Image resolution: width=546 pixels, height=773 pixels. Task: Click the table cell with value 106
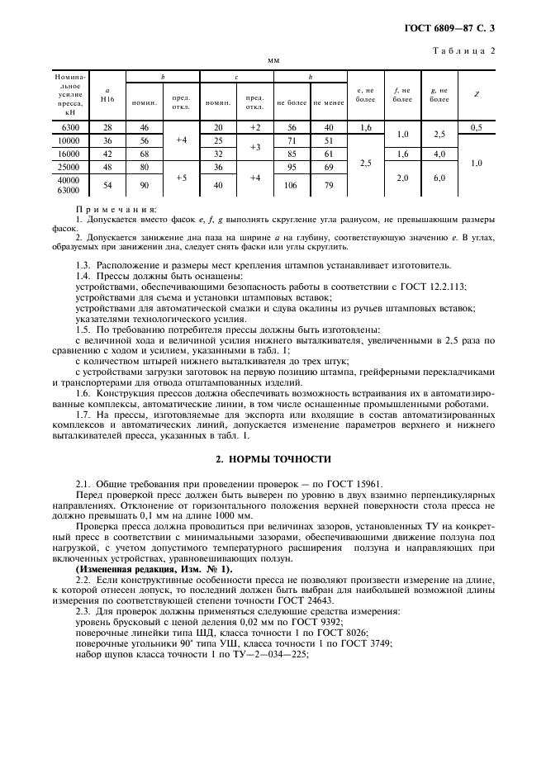pos(292,184)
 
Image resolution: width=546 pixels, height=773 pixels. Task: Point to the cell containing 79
pos(329,184)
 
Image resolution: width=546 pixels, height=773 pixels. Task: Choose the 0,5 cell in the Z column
pos(476,127)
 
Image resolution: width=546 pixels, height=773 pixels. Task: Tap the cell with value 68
pos(144,154)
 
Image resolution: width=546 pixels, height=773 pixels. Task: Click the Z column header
pos(476,94)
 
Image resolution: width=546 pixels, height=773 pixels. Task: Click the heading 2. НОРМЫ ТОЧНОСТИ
pos(273,458)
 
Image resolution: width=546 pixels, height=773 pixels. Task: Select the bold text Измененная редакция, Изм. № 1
pos(154,570)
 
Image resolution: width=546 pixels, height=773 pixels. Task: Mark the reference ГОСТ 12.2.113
pos(427,285)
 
